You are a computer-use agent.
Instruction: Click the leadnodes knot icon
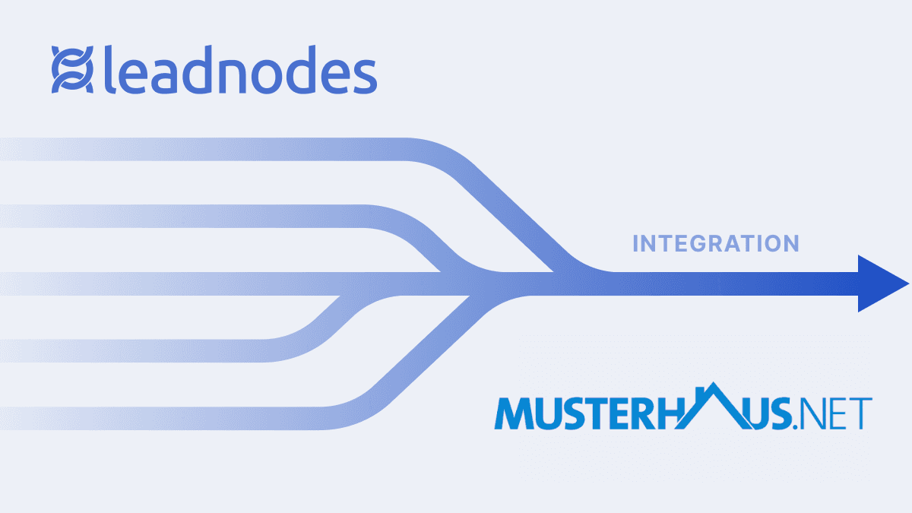pos(72,70)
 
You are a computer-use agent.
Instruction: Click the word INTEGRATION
pos(716,244)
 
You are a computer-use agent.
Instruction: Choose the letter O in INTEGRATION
pos(768,244)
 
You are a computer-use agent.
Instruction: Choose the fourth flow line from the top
pos(152,351)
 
